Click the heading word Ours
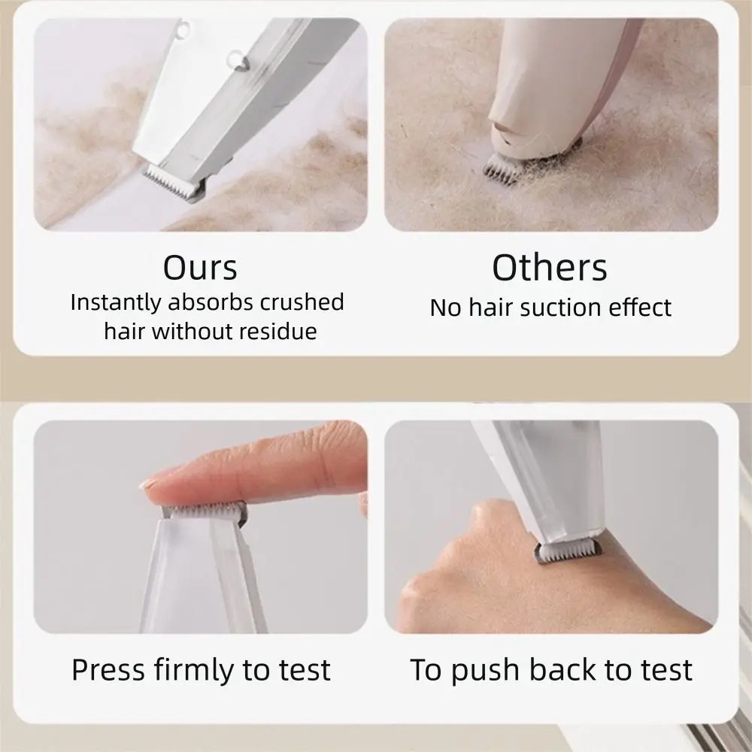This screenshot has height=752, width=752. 200,268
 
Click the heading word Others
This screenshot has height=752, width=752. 550,268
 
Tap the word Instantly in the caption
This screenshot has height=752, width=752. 116,302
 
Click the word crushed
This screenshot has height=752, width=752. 302,302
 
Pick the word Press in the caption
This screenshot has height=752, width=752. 108,669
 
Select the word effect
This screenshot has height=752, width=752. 639,308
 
